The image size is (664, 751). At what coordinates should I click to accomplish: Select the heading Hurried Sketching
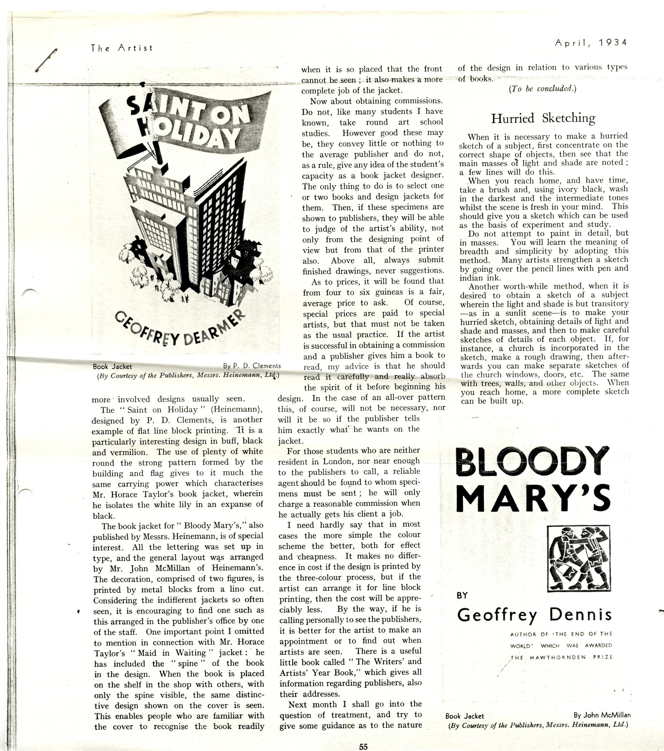coord(543,118)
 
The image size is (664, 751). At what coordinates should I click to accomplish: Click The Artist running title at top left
coord(121,48)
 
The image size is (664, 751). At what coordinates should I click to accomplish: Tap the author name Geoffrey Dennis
coord(534,614)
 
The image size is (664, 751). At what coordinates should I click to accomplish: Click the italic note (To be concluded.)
coord(542,89)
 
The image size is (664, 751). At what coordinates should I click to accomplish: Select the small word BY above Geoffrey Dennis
coord(462,595)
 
